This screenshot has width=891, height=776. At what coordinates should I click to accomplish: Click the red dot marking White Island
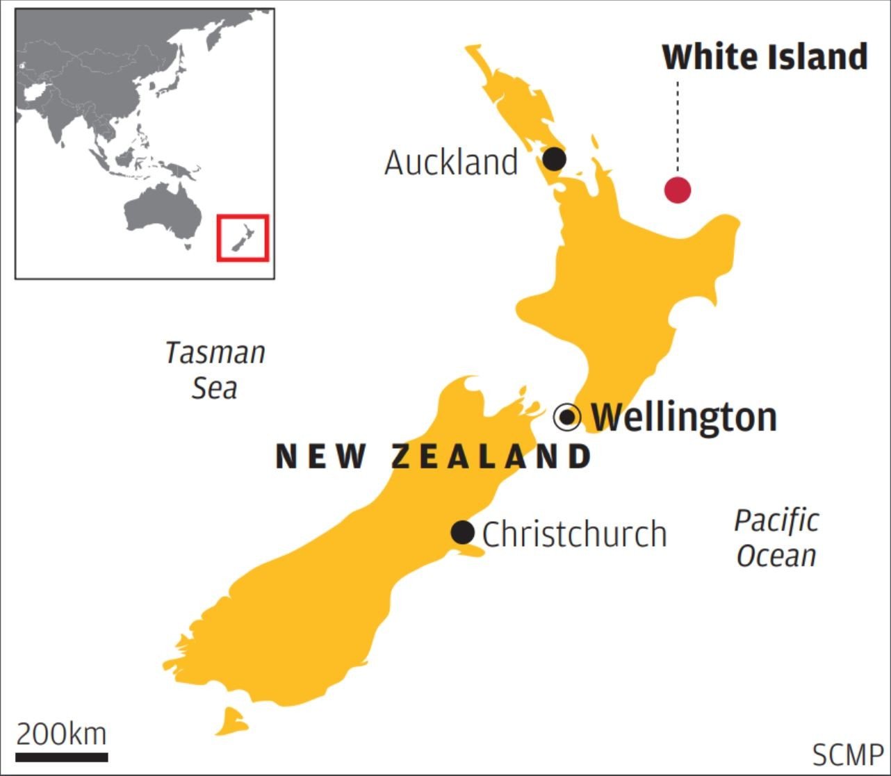678,189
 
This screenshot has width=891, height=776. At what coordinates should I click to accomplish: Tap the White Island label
765,57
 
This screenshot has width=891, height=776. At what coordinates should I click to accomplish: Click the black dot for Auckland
554,159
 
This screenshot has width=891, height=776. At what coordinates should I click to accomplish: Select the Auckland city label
451,163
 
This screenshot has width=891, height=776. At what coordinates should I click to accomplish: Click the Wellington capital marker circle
567,417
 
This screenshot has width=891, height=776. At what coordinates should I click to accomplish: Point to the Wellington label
684,417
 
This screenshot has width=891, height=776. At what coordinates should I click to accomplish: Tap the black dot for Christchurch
463,533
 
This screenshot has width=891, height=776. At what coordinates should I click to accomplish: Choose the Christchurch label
575,534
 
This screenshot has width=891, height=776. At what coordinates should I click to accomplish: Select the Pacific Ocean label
776,538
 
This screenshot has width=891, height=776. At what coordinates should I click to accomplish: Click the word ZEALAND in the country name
491,457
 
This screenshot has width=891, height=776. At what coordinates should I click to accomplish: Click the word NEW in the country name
321,457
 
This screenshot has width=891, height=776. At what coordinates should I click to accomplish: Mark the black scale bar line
62,757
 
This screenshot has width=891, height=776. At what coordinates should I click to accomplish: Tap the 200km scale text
62,734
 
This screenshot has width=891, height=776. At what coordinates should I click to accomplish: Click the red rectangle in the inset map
243,238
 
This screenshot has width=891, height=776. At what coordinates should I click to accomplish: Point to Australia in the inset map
161,212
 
